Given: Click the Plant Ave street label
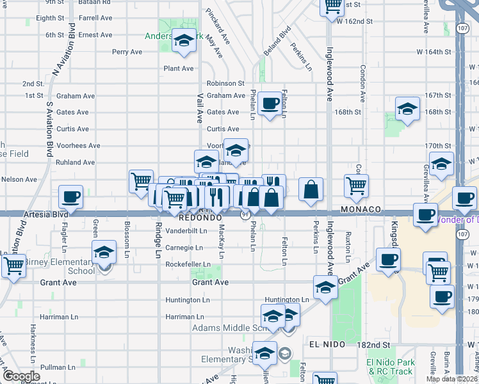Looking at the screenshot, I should [x=178, y=68].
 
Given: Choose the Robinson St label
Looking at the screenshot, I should [x=225, y=83].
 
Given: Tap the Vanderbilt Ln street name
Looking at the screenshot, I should [x=186, y=230].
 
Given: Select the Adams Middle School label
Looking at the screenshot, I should [x=227, y=328].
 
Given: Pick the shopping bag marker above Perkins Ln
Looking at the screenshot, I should [x=311, y=189].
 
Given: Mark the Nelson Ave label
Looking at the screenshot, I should [x=19, y=180].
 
